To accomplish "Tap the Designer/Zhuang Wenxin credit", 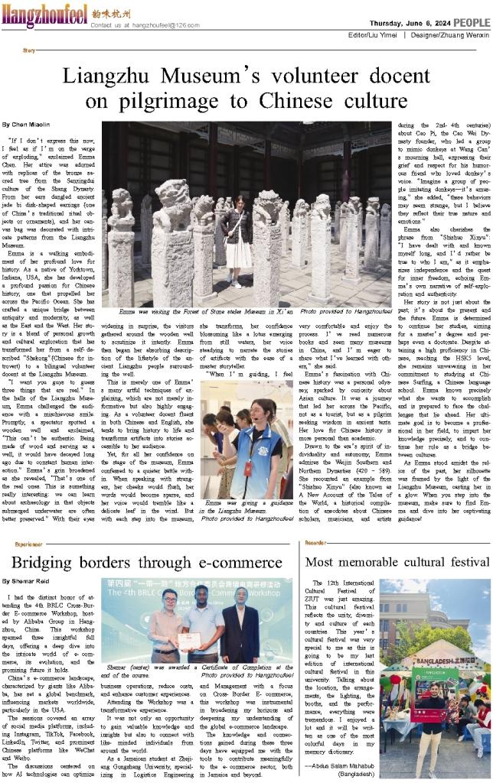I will (449, 35).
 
